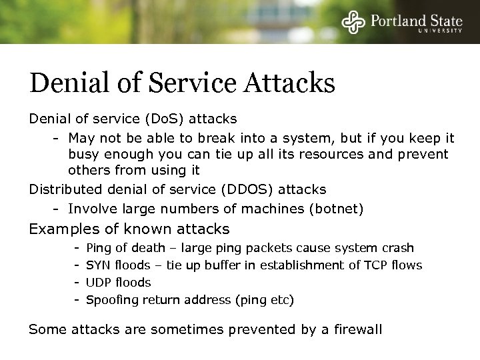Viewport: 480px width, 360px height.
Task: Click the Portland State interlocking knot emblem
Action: (353, 21)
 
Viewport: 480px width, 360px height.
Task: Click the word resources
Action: (316, 155)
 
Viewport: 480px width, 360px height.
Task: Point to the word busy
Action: (82, 155)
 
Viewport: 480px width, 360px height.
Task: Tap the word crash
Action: (398, 248)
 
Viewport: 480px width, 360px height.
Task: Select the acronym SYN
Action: (99, 265)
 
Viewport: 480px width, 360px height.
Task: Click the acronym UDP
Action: (99, 283)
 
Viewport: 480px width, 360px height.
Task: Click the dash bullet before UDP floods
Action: (77, 283)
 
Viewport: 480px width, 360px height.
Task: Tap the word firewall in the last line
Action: (359, 330)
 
